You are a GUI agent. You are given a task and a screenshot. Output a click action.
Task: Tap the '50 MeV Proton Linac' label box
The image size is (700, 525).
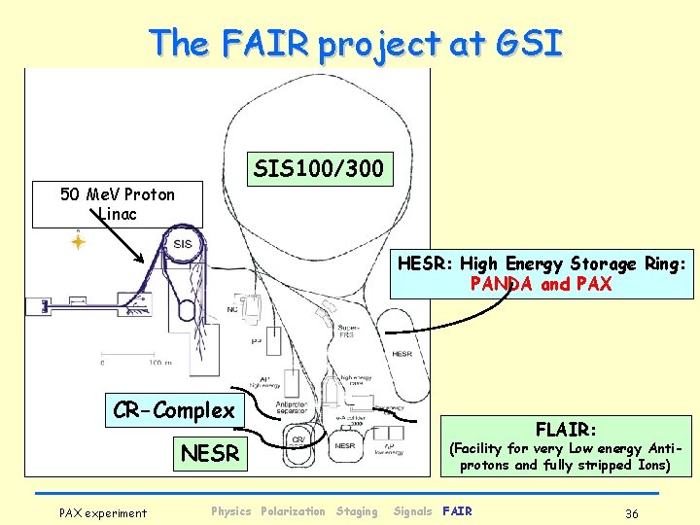click(117, 204)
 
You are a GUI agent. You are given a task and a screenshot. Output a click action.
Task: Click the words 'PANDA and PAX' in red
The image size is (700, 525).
click(541, 284)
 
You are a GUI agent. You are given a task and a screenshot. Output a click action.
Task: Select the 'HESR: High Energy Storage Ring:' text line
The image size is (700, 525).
click(542, 263)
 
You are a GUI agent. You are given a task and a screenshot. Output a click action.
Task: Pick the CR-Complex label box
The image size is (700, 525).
click(174, 410)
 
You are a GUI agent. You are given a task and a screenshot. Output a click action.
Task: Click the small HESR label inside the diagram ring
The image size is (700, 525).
click(402, 354)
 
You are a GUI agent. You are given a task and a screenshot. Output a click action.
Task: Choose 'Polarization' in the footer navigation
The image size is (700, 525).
click(293, 511)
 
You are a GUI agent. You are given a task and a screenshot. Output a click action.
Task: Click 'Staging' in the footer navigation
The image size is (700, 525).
click(357, 511)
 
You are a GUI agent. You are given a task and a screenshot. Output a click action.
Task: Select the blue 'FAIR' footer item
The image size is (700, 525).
click(457, 511)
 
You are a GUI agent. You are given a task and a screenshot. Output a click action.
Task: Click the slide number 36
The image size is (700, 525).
click(632, 512)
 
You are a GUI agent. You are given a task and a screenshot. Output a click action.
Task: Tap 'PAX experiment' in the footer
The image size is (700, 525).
click(103, 512)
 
